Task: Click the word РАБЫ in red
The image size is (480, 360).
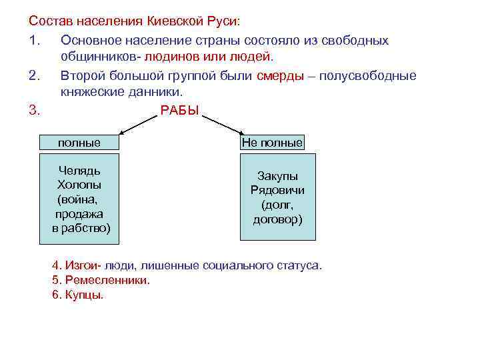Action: [x=180, y=110]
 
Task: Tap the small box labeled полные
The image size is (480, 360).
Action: [x=79, y=143]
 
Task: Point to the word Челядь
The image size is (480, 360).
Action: [x=79, y=171]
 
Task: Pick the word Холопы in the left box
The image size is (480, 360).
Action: [x=79, y=185]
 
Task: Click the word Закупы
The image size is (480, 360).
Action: [x=277, y=177]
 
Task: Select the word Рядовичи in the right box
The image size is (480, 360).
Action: [x=277, y=191]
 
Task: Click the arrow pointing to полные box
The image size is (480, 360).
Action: [x=137, y=123]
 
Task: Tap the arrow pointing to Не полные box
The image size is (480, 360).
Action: [x=223, y=123]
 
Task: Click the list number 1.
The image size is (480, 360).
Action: [x=35, y=41]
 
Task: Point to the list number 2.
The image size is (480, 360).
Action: [x=35, y=75]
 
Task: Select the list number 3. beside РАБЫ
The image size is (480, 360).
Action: [x=35, y=110]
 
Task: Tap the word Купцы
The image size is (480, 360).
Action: [x=84, y=295]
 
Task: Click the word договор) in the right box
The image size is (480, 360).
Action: [x=277, y=219]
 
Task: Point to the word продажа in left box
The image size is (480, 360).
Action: [x=79, y=214]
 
